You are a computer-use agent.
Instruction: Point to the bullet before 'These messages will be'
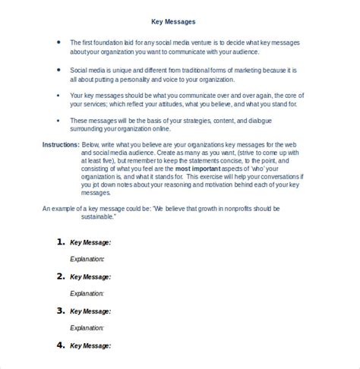[59, 121]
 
